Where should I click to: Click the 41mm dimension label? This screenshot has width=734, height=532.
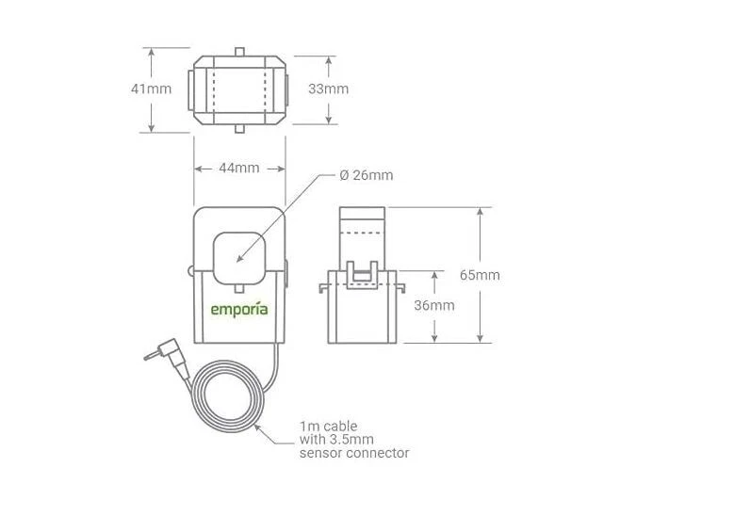pyautogui.click(x=151, y=89)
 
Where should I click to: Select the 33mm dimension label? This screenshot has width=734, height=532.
pyautogui.click(x=329, y=89)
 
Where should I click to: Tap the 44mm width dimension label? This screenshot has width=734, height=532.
pyautogui.click(x=239, y=168)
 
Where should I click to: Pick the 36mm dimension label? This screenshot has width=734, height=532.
pyautogui.click(x=434, y=305)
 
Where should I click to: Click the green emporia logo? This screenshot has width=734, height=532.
pyautogui.click(x=238, y=309)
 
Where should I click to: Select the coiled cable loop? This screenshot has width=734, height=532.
pyautogui.click(x=231, y=396)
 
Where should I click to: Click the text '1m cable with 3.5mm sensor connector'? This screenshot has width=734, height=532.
pyautogui.click(x=353, y=439)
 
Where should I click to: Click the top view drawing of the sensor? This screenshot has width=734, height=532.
pyautogui.click(x=239, y=89)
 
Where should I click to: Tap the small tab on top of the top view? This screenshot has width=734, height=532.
pyautogui.click(x=239, y=51)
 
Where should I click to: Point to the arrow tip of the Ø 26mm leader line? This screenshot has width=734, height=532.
pyautogui.click(x=237, y=260)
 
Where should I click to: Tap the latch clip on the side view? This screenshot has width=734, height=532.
pyautogui.click(x=363, y=274)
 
